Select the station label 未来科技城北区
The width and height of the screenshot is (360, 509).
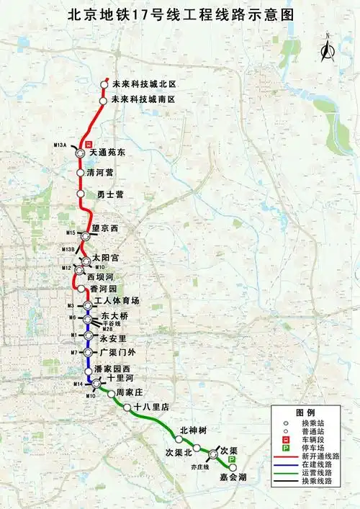pos(144,84)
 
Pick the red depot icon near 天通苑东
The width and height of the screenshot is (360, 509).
pos(89,144)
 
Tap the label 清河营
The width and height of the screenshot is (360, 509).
pos(100,173)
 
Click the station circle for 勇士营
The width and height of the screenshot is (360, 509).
pos(81,194)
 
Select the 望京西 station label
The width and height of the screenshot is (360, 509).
pos(104,228)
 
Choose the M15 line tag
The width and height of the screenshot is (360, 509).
pos(71,233)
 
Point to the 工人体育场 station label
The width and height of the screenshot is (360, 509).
pos(117,300)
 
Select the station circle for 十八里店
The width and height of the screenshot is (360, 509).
pos(127,407)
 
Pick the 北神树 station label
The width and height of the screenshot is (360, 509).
pos(193,431)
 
